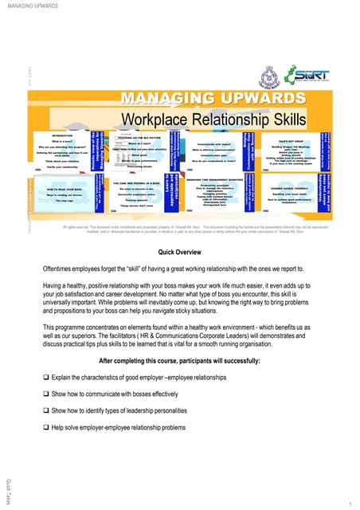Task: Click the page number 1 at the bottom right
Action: [350, 504]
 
